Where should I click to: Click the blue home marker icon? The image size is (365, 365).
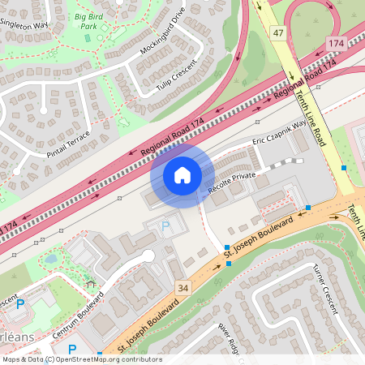coord(182,174)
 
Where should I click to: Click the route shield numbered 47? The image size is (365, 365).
coord(279,32)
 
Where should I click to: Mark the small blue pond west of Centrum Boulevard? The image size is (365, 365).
coord(51,260)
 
